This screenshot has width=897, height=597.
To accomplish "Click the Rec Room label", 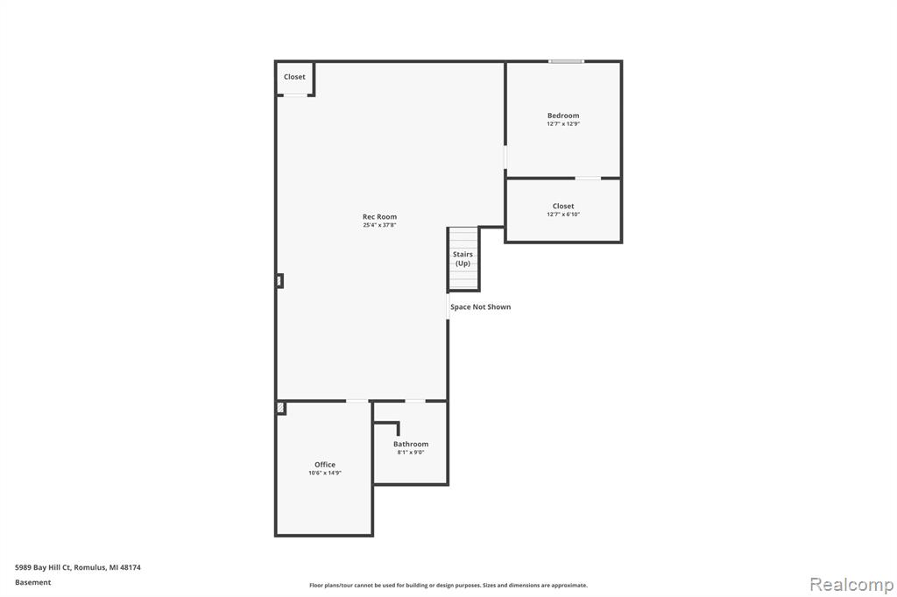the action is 379,217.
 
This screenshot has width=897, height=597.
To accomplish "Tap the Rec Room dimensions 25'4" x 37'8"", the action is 379,225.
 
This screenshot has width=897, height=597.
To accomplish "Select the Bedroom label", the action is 563,116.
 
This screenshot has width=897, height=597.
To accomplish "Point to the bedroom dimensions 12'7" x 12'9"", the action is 563,123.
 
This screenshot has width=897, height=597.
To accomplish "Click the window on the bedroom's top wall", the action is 567,61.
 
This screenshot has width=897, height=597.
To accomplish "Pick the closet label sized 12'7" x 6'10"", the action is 563,206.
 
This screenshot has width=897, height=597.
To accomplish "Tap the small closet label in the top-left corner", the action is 294,77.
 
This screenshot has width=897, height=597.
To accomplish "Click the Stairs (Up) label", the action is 463,258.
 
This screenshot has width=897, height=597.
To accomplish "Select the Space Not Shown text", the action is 481,307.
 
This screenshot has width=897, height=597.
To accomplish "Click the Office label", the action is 325,464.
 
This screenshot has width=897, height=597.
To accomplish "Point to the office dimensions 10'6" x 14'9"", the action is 325,473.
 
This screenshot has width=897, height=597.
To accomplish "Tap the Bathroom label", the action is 411,444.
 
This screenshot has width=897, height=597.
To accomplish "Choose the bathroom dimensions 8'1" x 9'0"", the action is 411,453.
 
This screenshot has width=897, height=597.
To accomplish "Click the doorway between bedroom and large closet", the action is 588,179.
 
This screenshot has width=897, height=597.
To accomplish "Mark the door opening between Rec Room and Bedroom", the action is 505,158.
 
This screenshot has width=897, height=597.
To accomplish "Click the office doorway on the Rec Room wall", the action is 357,401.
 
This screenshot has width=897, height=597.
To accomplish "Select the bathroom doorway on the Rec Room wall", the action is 414,401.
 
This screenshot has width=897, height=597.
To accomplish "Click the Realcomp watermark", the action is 851,585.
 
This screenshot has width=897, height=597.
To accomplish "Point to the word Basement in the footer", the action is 32,582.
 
